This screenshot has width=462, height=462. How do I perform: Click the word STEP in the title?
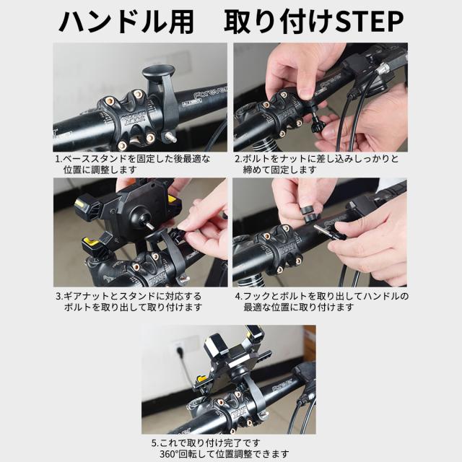pos(370,22)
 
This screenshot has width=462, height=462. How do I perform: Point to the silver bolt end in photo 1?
pos(171,138)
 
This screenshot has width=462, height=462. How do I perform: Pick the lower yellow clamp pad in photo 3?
pos(92,243)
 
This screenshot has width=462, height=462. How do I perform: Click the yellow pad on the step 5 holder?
pos(201,378)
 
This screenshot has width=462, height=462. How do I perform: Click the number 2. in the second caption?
pos(238,159)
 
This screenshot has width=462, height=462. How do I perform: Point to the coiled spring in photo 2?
pos(261,145)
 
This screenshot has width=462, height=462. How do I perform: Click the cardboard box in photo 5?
pos(310,341)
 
